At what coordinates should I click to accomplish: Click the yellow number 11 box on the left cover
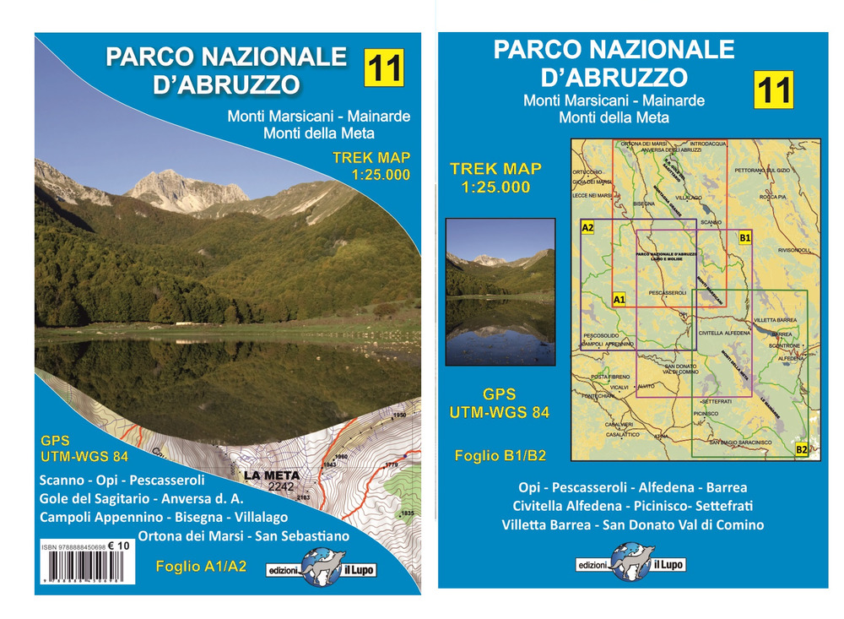[384, 68]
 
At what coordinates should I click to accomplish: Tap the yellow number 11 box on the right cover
[774, 90]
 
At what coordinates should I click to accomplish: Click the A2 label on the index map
[588, 227]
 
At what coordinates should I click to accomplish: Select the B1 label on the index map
[744, 238]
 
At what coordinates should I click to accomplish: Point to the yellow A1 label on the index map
[619, 300]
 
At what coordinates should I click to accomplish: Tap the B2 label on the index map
[801, 449]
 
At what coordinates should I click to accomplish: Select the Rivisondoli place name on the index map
[793, 250]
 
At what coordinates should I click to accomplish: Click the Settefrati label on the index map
[716, 400]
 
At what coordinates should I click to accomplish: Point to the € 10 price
[119, 546]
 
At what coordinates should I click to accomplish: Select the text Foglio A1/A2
[201, 567]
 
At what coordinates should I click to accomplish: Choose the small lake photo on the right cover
[500, 291]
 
